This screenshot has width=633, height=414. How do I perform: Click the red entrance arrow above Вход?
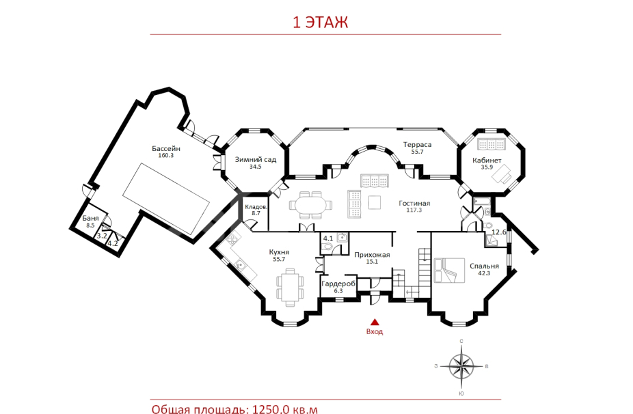(x=375, y=322)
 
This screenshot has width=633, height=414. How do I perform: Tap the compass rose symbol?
(x=461, y=366)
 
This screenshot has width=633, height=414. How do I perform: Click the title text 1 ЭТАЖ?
(x=320, y=22)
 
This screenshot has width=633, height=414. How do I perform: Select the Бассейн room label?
(x=166, y=148)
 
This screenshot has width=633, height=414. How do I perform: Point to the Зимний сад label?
(x=256, y=159)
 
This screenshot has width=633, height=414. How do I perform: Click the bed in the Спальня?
(x=446, y=271)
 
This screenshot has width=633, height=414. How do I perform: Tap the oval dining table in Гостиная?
(x=311, y=206)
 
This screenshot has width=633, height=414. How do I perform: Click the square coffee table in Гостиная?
(x=374, y=202)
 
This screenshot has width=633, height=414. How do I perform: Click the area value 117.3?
(x=414, y=210)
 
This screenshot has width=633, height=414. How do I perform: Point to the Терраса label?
(x=418, y=144)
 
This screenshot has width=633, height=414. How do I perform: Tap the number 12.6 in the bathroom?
(x=499, y=232)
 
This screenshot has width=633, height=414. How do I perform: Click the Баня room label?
(x=90, y=218)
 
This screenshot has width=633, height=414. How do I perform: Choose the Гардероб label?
(x=338, y=284)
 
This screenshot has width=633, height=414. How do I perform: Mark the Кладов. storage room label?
(x=256, y=206)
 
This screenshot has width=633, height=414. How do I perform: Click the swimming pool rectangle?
(x=166, y=199)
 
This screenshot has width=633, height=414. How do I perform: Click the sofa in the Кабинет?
(x=491, y=144)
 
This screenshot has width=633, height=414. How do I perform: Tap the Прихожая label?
(x=372, y=255)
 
